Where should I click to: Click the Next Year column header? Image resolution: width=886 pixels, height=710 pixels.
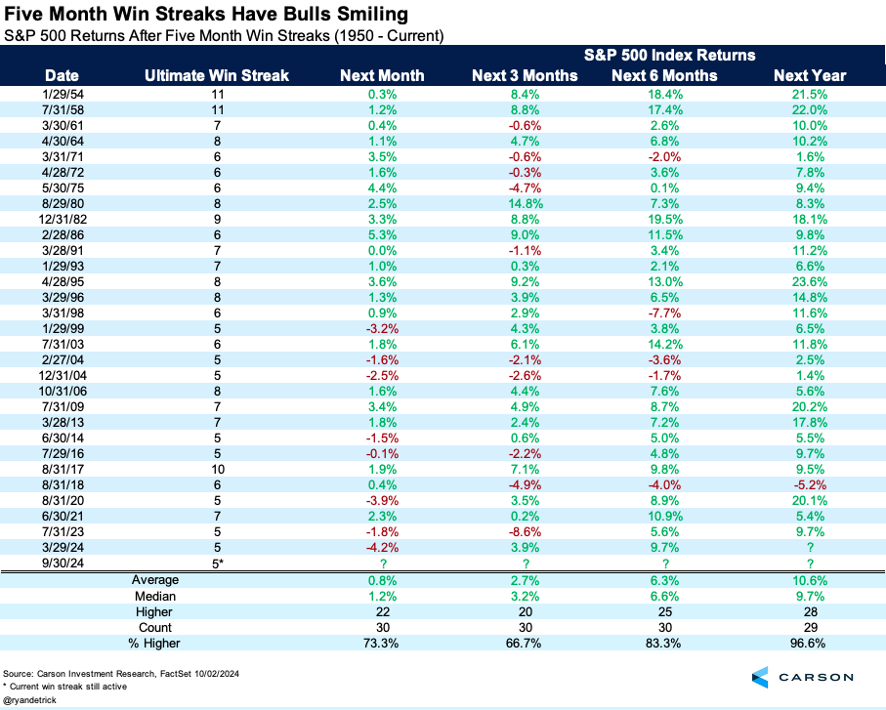point(810,75)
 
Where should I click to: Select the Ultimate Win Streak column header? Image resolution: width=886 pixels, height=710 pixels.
point(216,75)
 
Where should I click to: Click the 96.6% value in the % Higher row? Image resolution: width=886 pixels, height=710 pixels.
point(810,643)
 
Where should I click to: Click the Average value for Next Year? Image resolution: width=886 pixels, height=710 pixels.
point(810,580)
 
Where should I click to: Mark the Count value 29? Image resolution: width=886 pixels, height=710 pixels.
point(810,627)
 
